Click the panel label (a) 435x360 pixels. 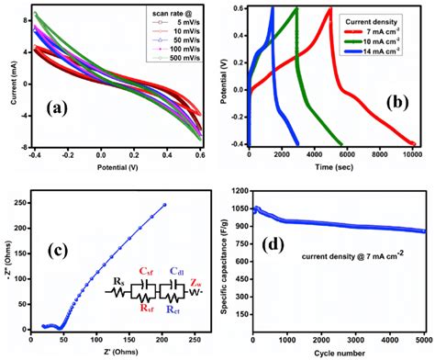(61, 107)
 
